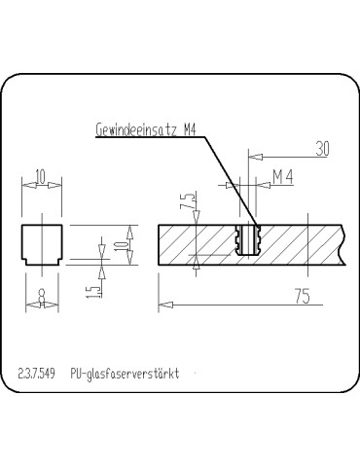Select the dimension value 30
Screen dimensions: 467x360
322,149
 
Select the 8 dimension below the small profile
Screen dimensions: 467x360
41,291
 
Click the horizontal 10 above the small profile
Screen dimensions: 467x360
41,176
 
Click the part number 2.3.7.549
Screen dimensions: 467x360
36,374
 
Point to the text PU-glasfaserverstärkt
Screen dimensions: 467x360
125,374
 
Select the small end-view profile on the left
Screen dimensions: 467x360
41,243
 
